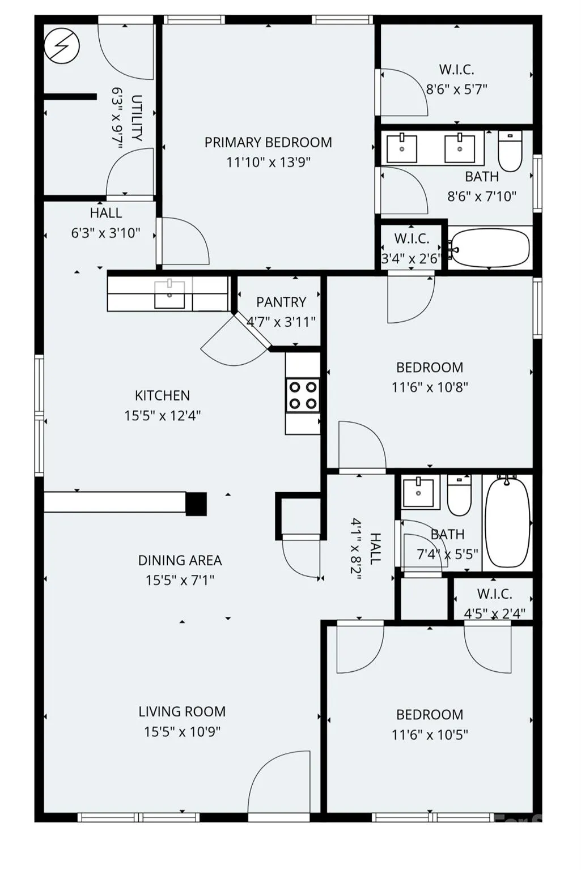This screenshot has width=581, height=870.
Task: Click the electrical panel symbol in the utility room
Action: [62, 46]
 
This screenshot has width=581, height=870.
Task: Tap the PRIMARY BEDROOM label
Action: [268, 143]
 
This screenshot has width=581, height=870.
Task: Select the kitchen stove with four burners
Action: [303, 395]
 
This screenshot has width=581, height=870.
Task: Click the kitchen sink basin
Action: [169, 295]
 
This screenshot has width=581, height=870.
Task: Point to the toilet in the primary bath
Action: [510, 151]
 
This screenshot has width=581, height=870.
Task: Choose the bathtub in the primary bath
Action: [489, 248]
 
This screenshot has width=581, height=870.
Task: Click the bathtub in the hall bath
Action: [507, 522]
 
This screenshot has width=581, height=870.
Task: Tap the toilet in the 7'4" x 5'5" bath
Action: [459, 495]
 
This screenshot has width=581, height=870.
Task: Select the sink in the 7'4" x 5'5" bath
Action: [418, 492]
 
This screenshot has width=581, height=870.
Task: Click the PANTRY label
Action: [281, 302]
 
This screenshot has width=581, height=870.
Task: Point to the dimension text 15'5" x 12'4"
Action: [163, 416]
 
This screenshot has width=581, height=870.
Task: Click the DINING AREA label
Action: [180, 560]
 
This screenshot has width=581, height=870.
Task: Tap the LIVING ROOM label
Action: [182, 711]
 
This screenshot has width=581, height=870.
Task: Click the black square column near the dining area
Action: [196, 504]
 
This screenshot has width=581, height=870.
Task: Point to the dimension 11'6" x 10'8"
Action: [430, 387]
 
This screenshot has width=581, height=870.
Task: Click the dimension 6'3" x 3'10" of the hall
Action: [105, 233]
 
